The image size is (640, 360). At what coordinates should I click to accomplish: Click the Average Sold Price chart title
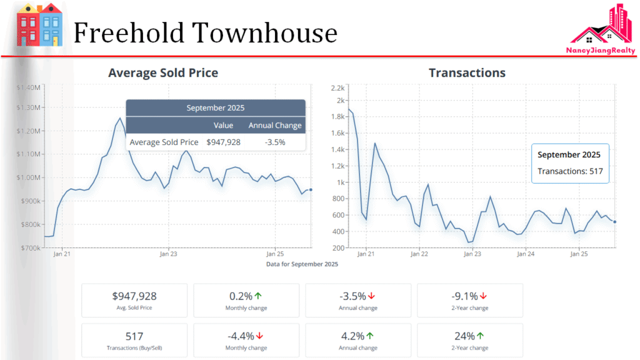[x=163, y=73]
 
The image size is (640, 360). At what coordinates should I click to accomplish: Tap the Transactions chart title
[x=467, y=73]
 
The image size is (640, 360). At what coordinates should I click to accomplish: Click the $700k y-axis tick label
[x=30, y=248]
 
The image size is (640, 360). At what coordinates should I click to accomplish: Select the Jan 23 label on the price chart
[x=168, y=254]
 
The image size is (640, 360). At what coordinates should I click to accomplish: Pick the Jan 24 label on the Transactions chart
[x=526, y=254]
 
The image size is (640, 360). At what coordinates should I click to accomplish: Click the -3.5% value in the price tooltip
[x=275, y=142]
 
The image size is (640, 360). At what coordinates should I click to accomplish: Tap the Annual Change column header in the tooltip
[x=275, y=126]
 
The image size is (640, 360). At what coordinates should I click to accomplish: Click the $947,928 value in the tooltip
[x=223, y=142]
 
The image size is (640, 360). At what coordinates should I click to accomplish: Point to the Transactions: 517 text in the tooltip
[x=569, y=171]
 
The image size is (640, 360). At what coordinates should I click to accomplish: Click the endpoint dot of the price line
[x=311, y=190]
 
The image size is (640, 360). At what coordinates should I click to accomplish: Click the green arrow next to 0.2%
[x=257, y=296]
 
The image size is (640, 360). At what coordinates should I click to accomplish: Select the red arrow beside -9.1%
[x=483, y=296]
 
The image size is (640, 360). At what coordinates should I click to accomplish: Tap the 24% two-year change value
[x=465, y=336]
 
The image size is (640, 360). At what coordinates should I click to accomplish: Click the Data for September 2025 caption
[x=302, y=264]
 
